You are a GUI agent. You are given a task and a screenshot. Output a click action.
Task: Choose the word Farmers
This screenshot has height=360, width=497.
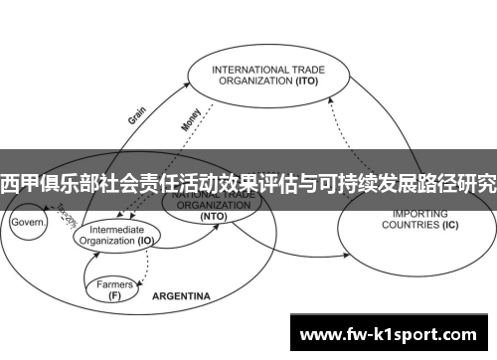[114, 283]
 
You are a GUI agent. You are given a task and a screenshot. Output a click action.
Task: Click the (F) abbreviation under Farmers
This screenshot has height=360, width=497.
[114, 294]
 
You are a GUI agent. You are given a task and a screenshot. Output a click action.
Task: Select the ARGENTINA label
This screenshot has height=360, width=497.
[181, 296]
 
